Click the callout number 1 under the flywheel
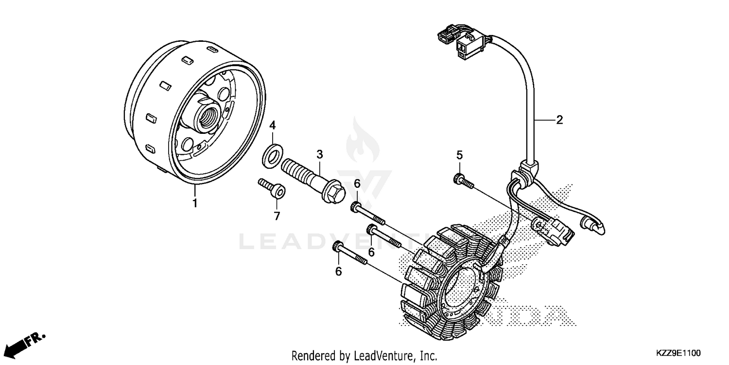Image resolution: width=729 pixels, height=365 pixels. tap(195, 203)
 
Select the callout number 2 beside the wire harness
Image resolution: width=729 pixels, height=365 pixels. tap(559, 120)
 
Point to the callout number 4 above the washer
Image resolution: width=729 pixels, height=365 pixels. tap(273, 125)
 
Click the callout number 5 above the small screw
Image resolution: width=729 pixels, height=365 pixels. tap(459, 155)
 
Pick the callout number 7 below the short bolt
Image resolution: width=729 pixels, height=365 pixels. tap(277, 216)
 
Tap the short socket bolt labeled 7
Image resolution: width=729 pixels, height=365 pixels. tap(272, 189)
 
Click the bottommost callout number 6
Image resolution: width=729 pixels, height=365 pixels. tap(339, 271)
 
